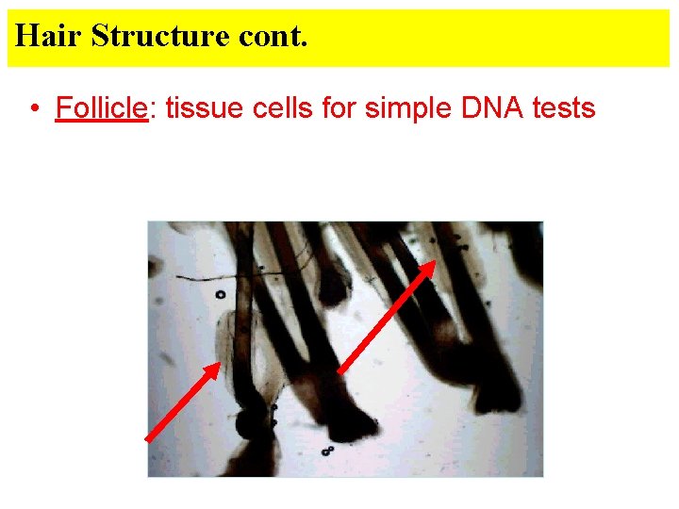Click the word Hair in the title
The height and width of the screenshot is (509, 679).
(x=48, y=36)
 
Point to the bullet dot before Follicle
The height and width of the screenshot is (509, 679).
(x=34, y=109)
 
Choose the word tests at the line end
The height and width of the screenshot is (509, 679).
(x=564, y=108)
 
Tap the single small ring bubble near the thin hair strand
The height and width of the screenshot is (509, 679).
(x=220, y=294)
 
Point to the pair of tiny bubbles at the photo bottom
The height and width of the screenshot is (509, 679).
(x=326, y=451)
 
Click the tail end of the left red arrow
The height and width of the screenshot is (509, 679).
(x=149, y=439)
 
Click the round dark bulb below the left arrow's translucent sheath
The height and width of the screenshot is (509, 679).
(x=252, y=423)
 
